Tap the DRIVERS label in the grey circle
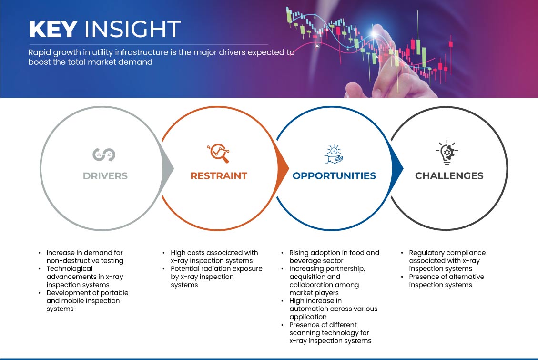[x=105, y=176]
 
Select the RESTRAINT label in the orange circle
[x=219, y=176]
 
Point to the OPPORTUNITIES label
[x=334, y=176]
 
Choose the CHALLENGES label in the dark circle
[x=449, y=176]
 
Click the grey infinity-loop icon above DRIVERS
[x=104, y=154]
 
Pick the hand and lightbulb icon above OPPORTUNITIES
[x=334, y=154]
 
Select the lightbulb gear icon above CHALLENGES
[x=447, y=153]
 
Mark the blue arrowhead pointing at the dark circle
[x=397, y=168]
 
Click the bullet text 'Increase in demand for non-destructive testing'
[x=85, y=257]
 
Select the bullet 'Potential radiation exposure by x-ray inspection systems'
[x=216, y=277]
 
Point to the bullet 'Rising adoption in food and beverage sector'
[x=334, y=257]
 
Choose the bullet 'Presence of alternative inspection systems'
[x=447, y=281]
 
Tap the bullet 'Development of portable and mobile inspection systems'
[x=88, y=300]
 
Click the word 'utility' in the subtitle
[x=102, y=52]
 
